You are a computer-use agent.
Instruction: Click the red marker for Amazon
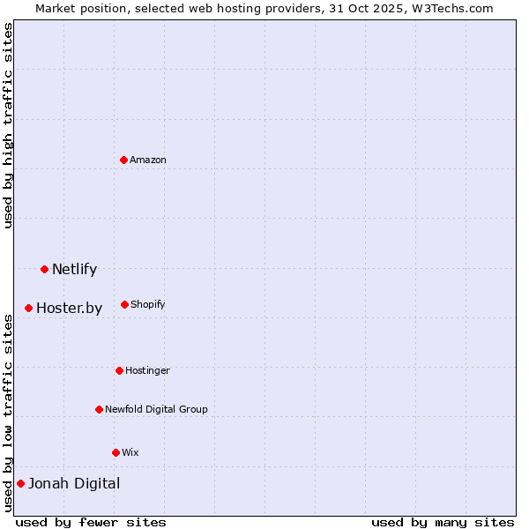pyautogui.click(x=123, y=160)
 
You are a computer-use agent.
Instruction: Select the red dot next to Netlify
pyautogui.click(x=44, y=269)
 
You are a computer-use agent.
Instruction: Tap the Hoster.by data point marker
pyautogui.click(x=28, y=308)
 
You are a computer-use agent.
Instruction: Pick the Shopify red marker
pyautogui.click(x=124, y=304)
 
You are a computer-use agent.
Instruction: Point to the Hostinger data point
pyautogui.click(x=119, y=370)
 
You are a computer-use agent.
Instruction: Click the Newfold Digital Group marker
pyautogui.click(x=99, y=409)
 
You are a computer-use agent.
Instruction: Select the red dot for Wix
pyautogui.click(x=115, y=452)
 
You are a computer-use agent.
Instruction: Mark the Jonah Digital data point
pyautogui.click(x=20, y=483)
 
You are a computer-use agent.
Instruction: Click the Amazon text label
pyautogui.click(x=148, y=160)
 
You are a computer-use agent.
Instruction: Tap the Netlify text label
pyautogui.click(x=74, y=269)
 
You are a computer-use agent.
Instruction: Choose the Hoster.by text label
pyautogui.click(x=69, y=308)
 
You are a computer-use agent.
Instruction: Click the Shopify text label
pyautogui.click(x=148, y=304)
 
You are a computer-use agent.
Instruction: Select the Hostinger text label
pyautogui.click(x=147, y=370)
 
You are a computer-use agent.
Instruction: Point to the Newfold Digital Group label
pyautogui.click(x=156, y=409)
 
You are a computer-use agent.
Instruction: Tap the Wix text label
pyautogui.click(x=130, y=452)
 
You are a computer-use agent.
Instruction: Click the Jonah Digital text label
pyautogui.click(x=74, y=483)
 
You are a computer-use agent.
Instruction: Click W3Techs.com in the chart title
pyautogui.click(x=451, y=8)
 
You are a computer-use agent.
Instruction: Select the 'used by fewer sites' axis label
pyautogui.click(x=91, y=522)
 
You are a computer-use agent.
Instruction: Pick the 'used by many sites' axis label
pyautogui.click(x=443, y=522)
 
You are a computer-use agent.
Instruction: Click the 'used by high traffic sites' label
pyautogui.click(x=8, y=126)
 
